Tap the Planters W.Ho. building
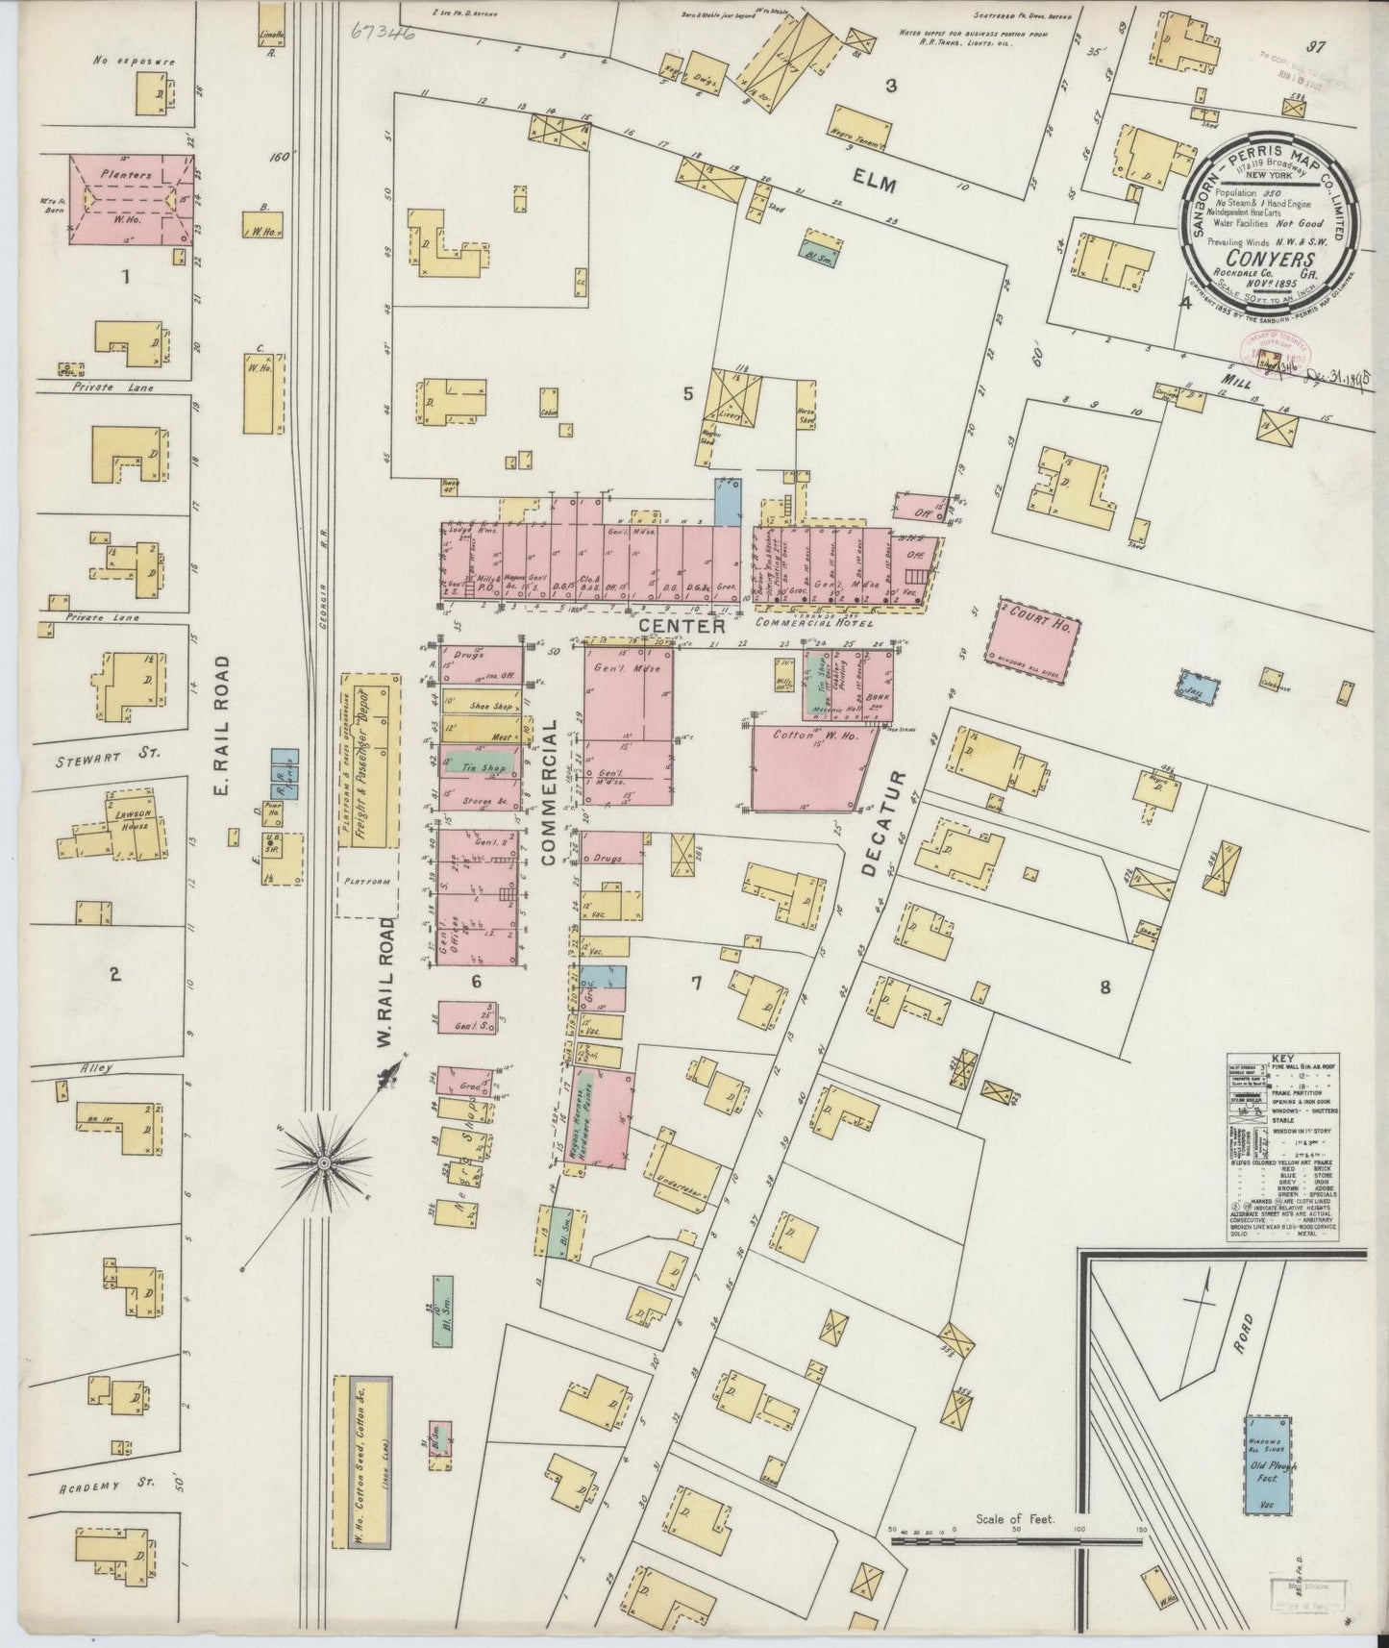[x=125, y=199]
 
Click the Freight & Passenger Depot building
[x=367, y=760]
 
